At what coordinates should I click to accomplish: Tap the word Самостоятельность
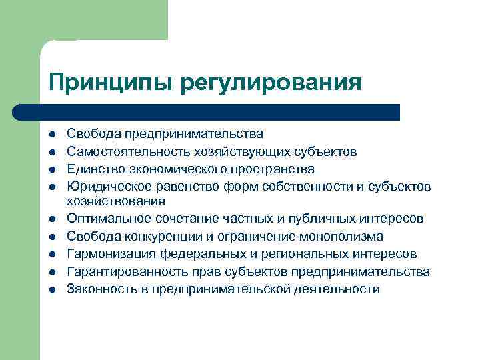127,151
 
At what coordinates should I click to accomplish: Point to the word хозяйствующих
231,151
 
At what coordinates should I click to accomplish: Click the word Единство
93,169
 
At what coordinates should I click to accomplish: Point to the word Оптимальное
107,219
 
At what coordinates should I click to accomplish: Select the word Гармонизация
109,254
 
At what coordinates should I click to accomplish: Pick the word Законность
100,289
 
